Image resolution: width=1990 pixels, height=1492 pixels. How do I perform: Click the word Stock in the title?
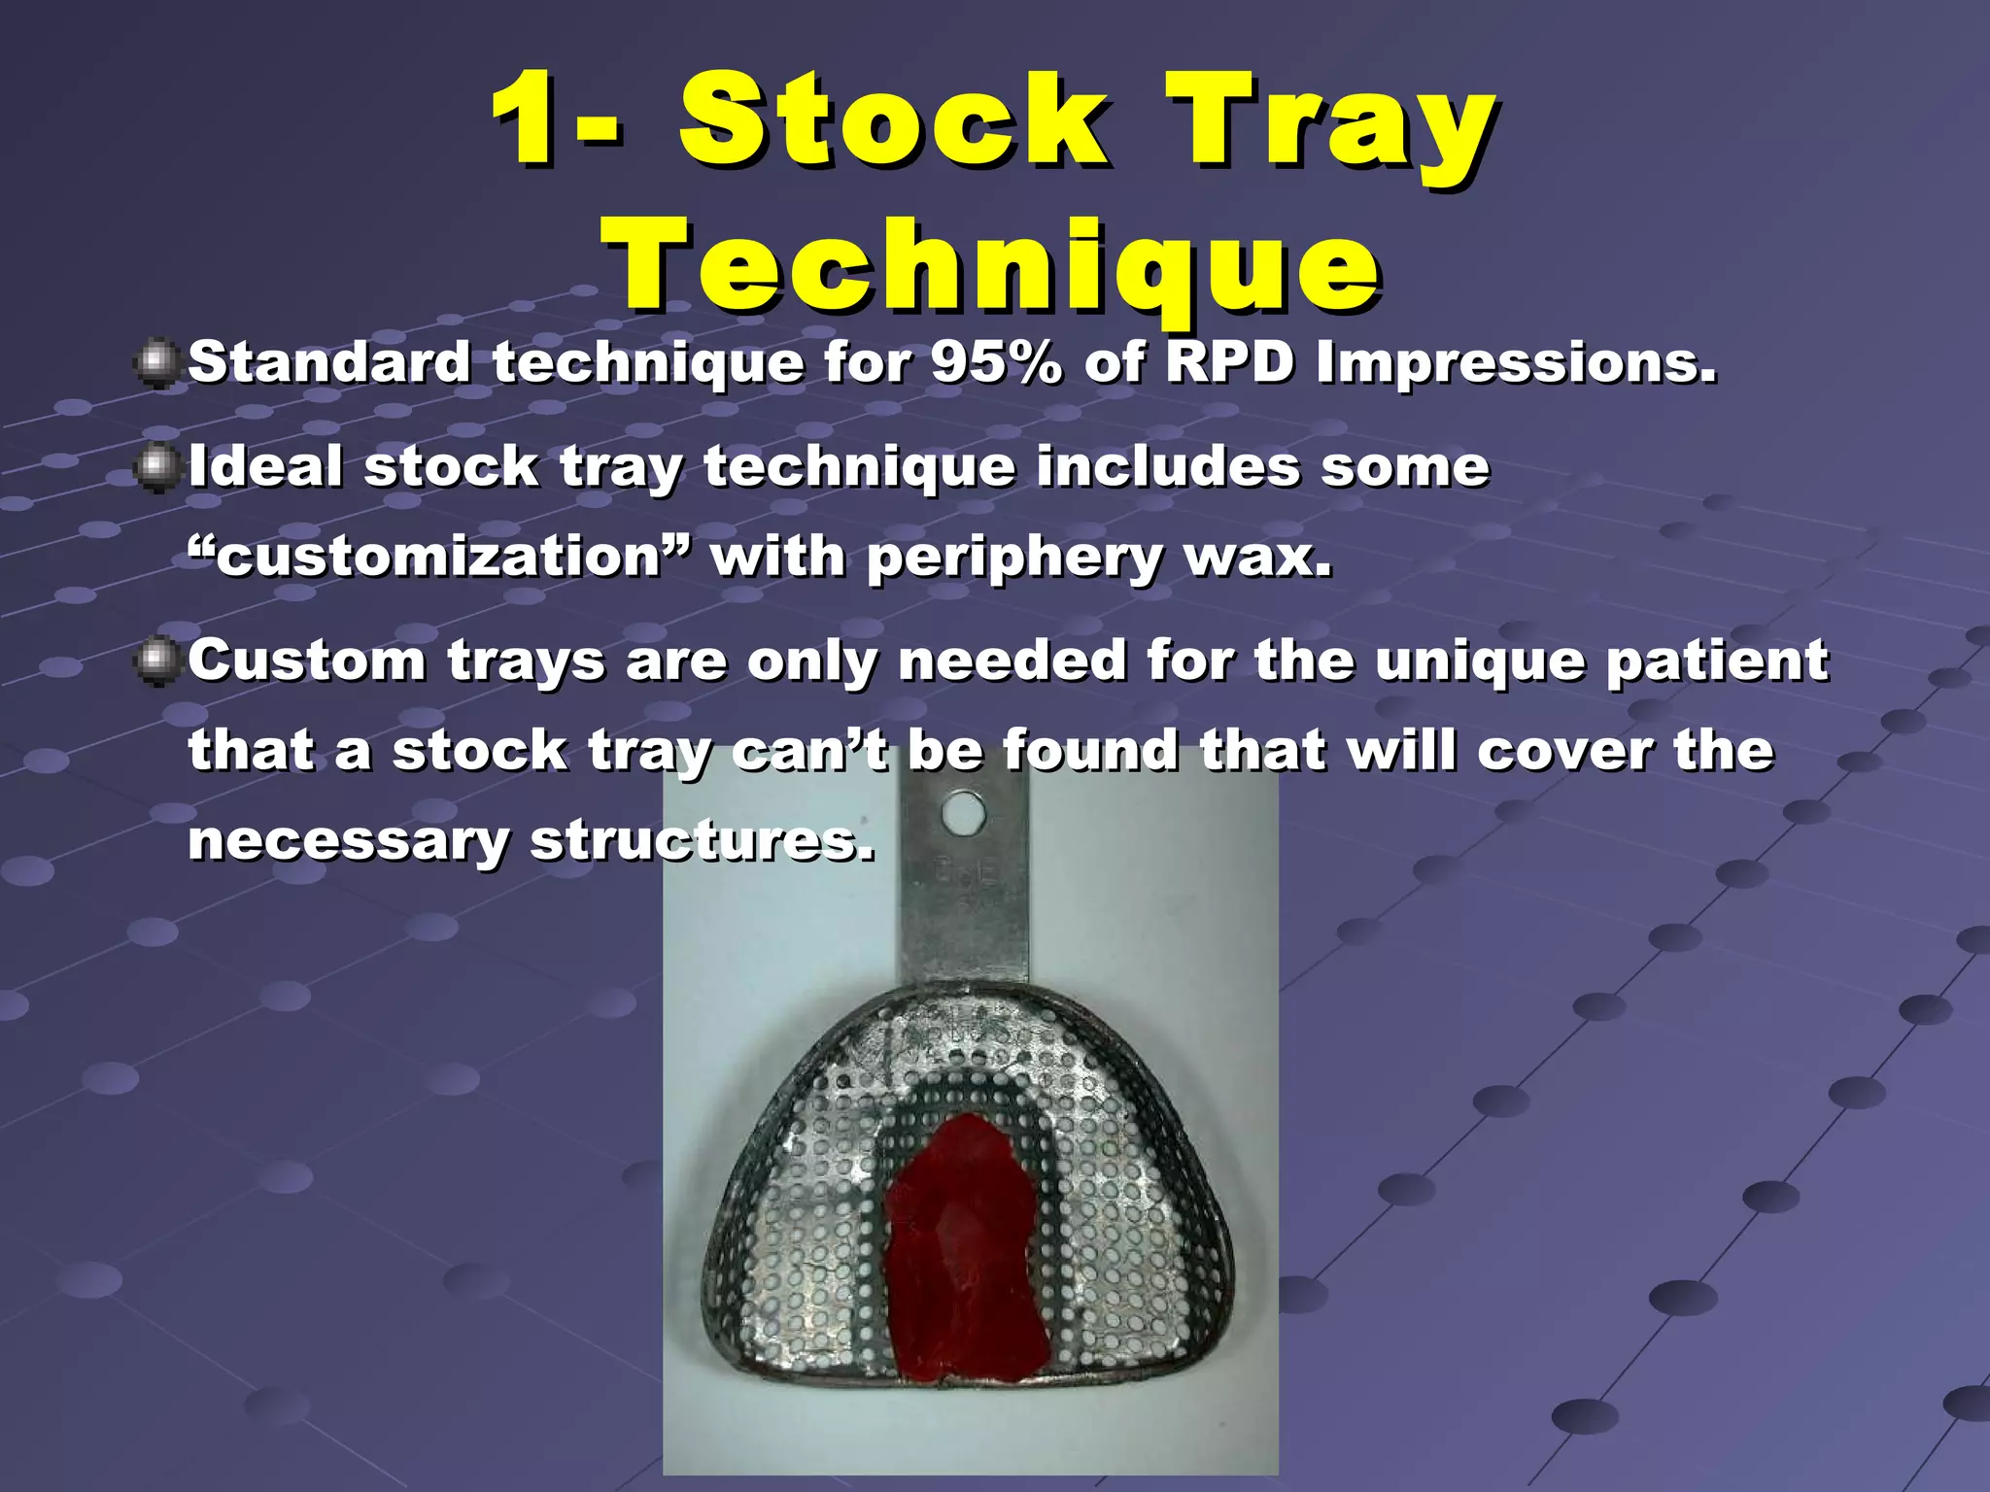click(894, 121)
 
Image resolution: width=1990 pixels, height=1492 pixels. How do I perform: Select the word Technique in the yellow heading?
click(991, 267)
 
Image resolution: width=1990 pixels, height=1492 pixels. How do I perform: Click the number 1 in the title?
click(530, 121)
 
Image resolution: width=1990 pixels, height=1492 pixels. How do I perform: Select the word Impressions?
click(1516, 364)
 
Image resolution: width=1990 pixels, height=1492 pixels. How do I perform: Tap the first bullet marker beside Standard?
click(155, 364)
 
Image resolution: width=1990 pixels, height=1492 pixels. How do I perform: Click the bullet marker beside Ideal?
click(155, 468)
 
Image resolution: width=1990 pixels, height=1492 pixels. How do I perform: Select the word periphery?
click(1014, 559)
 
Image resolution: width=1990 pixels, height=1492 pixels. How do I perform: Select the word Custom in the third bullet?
click(306, 661)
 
